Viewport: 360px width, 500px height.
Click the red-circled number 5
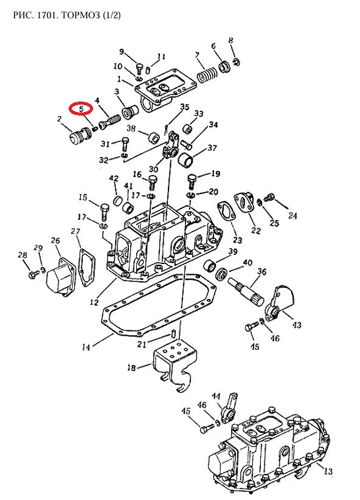[81, 109]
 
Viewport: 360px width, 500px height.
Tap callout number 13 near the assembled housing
[328, 471]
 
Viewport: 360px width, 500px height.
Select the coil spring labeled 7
[207, 76]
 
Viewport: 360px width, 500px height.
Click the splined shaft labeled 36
[246, 291]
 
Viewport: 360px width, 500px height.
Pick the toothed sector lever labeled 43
[280, 302]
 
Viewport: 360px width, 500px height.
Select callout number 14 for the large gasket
[86, 347]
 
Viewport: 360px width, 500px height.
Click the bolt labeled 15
[105, 212]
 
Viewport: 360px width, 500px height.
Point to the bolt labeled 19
[192, 181]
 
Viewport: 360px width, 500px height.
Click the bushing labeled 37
[186, 159]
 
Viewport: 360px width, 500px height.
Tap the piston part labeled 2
[80, 136]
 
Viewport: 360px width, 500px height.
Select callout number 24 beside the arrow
[292, 215]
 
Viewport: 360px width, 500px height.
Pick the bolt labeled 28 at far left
[32, 274]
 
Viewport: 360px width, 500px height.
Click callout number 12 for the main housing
[94, 301]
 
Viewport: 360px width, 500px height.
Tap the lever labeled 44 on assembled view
[230, 408]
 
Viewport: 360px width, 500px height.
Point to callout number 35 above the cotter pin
[185, 108]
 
